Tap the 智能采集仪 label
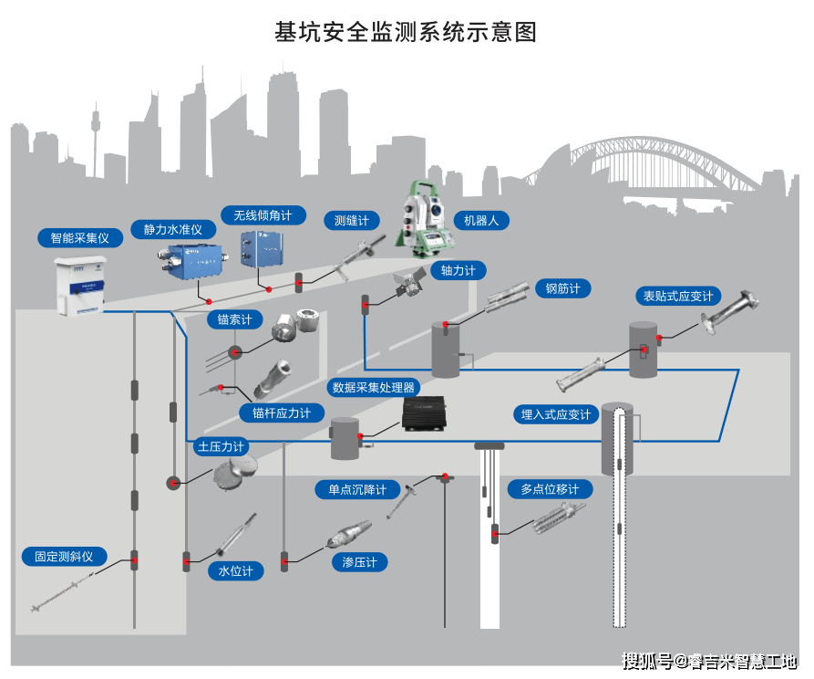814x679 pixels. pos(79,238)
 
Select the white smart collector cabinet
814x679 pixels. pos(80,284)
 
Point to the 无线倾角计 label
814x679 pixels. pos(263,215)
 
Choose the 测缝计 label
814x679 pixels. pos(351,221)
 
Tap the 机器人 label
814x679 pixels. pos(481,221)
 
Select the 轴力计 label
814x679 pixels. pos(459,270)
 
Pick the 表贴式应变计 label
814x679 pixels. pos(678,297)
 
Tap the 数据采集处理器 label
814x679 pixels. pos(374,387)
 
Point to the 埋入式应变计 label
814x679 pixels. pos(555,414)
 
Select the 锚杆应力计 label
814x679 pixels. pos(281,413)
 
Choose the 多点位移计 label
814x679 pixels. pos(550,489)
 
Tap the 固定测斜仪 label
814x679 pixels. pos(64,556)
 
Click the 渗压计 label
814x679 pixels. pos(359,562)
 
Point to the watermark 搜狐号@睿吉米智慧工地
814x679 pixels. pos(709,660)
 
